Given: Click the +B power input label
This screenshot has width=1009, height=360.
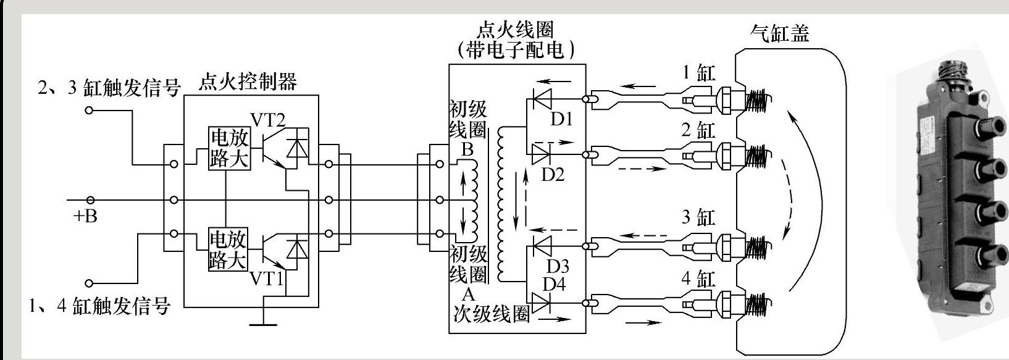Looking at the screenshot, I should point(85,216).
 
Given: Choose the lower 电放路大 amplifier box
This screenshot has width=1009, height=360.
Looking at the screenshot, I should point(228,249).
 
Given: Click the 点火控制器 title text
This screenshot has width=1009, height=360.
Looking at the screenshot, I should point(247,82).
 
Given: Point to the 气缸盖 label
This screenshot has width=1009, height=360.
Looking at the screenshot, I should point(779,33).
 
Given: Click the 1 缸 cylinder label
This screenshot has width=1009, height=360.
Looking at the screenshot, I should point(698,73).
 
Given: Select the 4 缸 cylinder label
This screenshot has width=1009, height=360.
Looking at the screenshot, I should point(698,278).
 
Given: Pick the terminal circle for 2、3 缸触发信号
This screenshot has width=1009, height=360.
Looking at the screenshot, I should point(90,111).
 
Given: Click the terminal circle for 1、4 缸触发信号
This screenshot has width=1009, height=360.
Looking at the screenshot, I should point(90,283).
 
